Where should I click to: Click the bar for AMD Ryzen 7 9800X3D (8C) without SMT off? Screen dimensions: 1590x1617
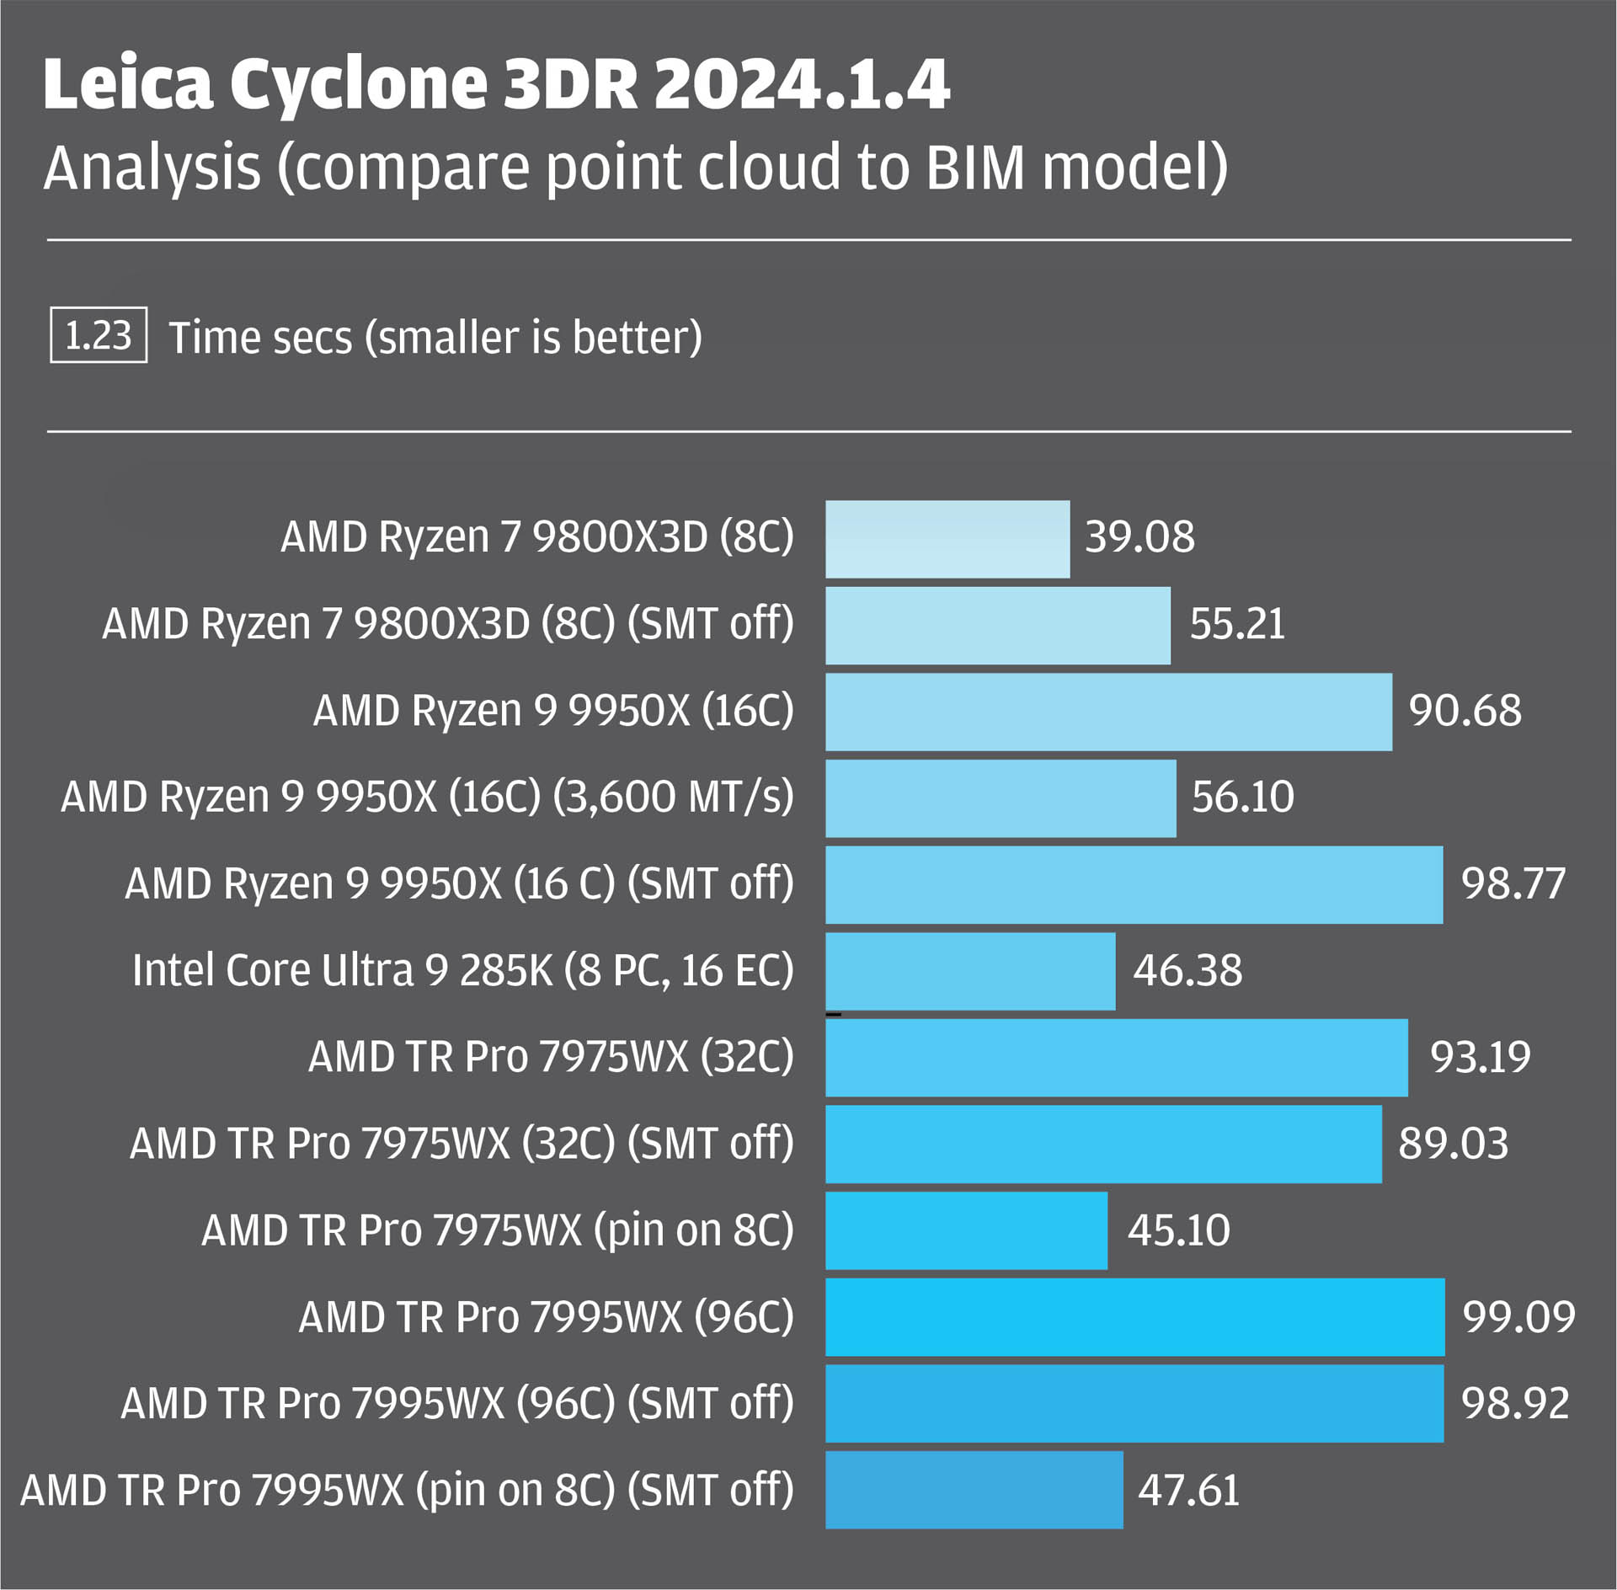click(947, 539)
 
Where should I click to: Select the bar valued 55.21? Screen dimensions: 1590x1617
click(998, 626)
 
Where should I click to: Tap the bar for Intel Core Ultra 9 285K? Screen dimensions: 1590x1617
click(970, 971)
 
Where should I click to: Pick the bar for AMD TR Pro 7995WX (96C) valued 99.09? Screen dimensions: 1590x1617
click(1134, 1317)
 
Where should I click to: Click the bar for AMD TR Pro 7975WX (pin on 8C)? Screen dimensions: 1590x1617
click(966, 1230)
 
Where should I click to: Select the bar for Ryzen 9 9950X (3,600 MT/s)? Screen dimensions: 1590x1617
click(1001, 798)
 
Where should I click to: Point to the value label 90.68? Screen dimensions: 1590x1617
click(1465, 711)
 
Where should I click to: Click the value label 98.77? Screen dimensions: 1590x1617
click(1513, 884)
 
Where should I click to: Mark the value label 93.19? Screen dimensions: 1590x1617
click(1481, 1058)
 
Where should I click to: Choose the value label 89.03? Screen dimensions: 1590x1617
click(1453, 1144)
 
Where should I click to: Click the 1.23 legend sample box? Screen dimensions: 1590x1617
click(99, 335)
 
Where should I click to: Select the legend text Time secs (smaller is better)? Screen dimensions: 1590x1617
click(435, 338)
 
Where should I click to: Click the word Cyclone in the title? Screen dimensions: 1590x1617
click(359, 86)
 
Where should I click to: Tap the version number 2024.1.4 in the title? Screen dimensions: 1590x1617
click(802, 84)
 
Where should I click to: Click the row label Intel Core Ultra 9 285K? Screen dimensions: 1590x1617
click(462, 970)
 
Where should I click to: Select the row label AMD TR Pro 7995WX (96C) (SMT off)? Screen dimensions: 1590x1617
click(457, 1404)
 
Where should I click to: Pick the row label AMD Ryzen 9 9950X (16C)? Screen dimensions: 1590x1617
click(553, 711)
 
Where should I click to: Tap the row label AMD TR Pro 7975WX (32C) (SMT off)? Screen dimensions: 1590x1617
click(462, 1144)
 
